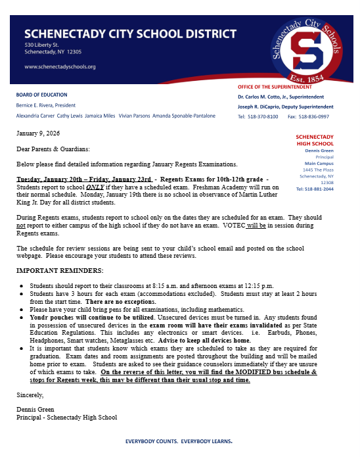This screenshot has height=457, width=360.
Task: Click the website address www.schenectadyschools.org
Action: (x=60, y=66)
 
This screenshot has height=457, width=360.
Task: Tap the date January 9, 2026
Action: (x=38, y=132)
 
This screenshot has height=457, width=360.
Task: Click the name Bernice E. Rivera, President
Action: (x=56, y=105)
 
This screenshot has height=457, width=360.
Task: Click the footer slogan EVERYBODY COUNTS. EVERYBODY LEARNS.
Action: (x=179, y=442)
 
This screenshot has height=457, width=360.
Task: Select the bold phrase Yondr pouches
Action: (x=54, y=316)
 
